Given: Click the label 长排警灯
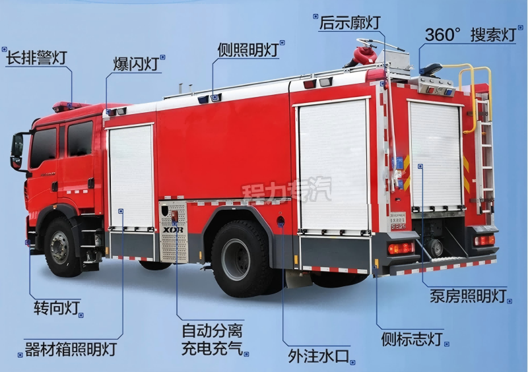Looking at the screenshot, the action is click(x=36, y=57).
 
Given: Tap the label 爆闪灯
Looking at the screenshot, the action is click(x=136, y=63).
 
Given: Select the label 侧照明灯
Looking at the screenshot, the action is click(x=248, y=50).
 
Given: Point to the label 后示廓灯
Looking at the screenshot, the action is click(x=350, y=22).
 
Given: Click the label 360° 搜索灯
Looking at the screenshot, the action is click(x=471, y=34).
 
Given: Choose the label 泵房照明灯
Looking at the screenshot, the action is click(x=468, y=296).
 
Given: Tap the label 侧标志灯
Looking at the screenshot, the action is click(x=411, y=338).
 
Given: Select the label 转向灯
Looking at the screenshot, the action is click(x=57, y=308).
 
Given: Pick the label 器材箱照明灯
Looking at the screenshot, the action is click(x=71, y=349).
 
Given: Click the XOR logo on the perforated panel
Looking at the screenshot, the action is click(x=173, y=230).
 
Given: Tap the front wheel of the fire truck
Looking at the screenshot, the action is click(x=61, y=247).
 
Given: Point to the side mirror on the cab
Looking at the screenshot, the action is click(x=17, y=152).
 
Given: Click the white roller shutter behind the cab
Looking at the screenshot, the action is click(x=131, y=177).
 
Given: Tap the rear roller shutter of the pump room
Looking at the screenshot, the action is click(x=435, y=156).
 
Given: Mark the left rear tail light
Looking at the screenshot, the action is click(x=401, y=248).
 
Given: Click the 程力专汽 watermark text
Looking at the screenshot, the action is click(x=286, y=191).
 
